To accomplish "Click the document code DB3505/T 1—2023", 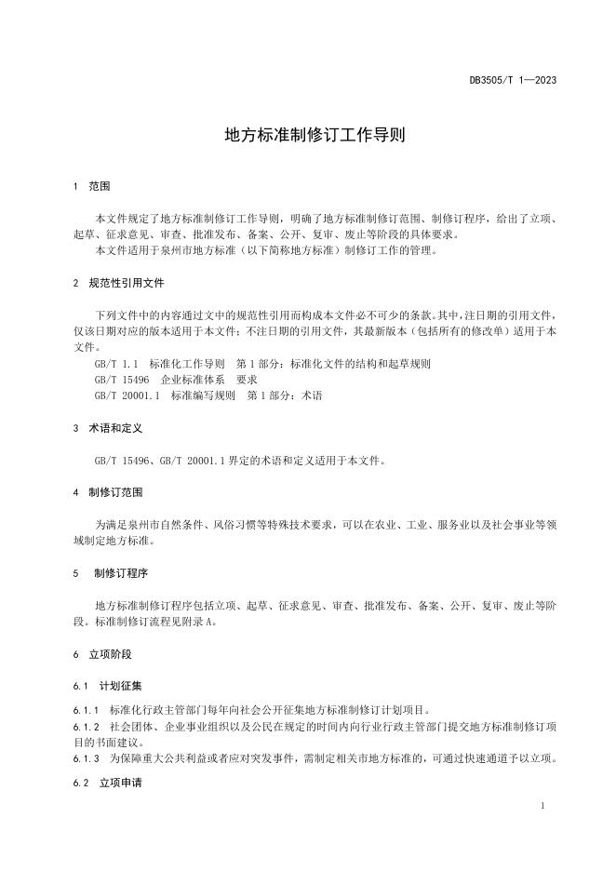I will click(x=513, y=80).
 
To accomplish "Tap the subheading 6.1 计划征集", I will click(x=109, y=686).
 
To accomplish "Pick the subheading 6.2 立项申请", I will click(x=109, y=784).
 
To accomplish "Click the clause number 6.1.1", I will click(x=86, y=709).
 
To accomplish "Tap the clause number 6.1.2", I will click(x=86, y=726).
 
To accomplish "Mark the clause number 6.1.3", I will click(x=86, y=758).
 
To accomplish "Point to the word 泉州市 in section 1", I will click(x=176, y=250).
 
